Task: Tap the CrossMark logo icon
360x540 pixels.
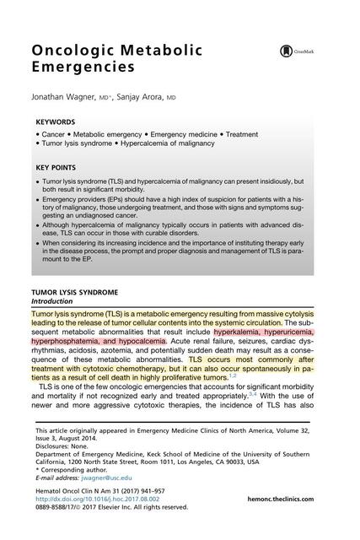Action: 286,51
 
